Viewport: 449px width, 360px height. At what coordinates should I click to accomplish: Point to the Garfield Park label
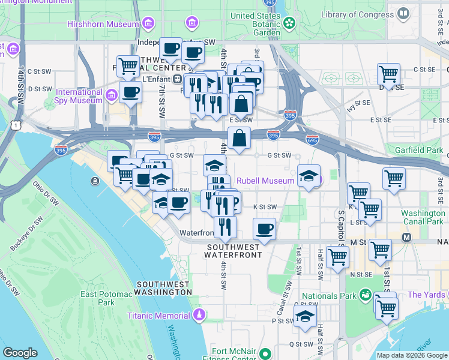(418, 149)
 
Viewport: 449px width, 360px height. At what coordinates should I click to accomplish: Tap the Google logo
(20, 353)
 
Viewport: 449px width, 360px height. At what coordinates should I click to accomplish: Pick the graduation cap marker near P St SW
(305, 316)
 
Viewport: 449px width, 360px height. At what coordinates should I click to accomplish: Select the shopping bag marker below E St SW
(239, 137)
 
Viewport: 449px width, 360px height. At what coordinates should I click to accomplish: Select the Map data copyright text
(412, 355)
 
